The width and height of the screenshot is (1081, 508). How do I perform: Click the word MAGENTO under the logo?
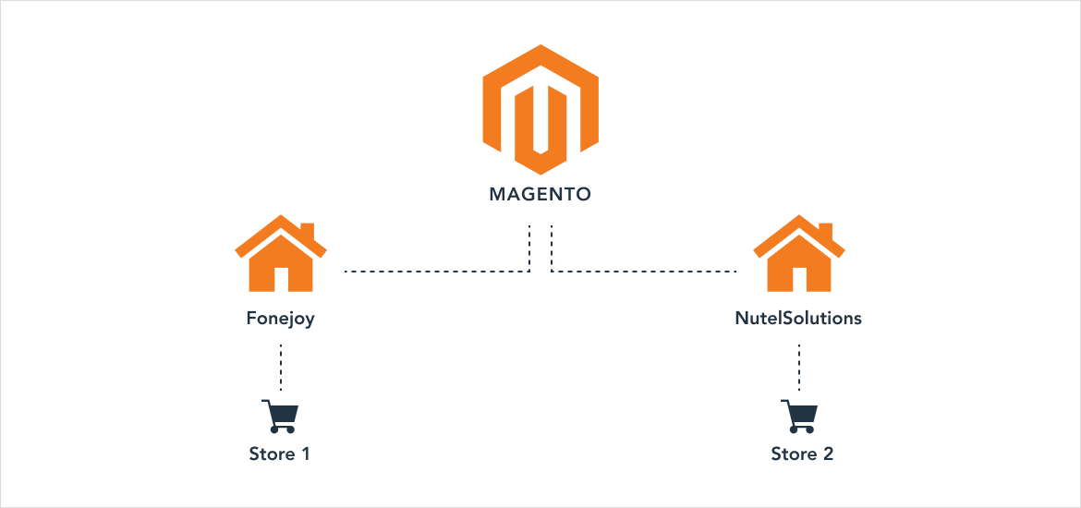click(x=540, y=196)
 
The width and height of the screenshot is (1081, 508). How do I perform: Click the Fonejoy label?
click(x=280, y=319)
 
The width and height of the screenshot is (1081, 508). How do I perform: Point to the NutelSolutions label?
click(x=798, y=319)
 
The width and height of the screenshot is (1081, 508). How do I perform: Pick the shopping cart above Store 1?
click(x=279, y=416)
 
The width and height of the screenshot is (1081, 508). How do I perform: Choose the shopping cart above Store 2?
click(x=798, y=416)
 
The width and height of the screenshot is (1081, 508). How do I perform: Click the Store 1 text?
click(x=280, y=454)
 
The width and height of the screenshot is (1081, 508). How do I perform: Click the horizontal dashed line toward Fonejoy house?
click(x=434, y=272)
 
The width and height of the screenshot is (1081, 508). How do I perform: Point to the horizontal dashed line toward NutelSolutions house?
click(x=647, y=272)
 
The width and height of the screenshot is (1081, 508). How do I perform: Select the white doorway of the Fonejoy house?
click(x=281, y=279)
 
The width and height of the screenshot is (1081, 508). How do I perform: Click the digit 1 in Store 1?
click(x=306, y=454)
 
